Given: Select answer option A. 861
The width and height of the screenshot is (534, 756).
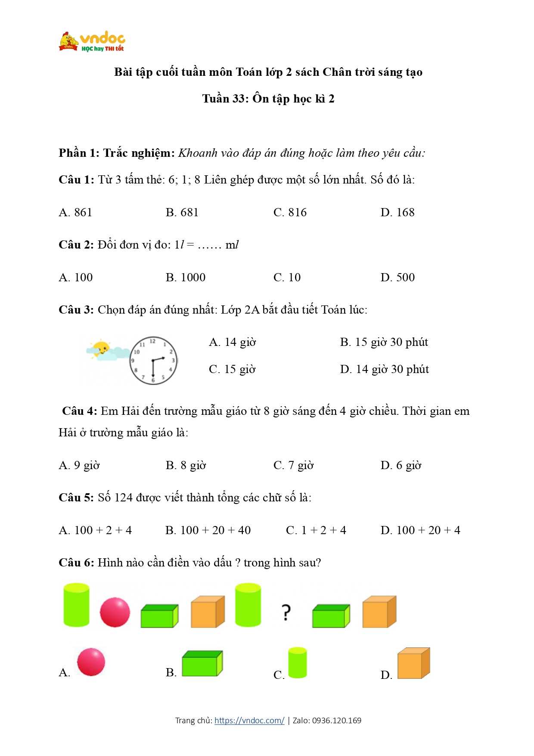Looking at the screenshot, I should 75,212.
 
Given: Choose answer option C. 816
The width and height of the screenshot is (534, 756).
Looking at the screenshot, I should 290,212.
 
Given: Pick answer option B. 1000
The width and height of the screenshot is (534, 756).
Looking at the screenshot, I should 185,277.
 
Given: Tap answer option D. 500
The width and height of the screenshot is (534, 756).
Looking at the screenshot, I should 397,277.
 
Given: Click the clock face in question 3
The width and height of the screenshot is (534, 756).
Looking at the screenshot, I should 153,360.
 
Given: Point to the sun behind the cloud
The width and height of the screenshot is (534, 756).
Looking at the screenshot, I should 102,347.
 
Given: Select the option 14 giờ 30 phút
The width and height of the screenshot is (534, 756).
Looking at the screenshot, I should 384,369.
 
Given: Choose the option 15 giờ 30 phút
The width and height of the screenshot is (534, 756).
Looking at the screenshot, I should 384,342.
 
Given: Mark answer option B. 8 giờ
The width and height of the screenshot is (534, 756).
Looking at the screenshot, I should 186,465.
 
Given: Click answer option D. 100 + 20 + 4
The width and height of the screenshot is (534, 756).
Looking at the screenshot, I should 420,530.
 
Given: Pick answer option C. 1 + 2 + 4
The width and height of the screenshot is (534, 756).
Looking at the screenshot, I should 316,530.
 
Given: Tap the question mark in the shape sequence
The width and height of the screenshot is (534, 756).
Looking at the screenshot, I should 286,612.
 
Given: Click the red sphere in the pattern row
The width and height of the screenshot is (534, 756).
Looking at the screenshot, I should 115,612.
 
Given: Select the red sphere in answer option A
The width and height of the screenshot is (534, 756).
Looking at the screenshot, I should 91,662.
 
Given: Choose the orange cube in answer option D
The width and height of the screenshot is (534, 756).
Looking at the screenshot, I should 413,663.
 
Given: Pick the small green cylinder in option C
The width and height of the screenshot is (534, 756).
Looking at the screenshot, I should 298,663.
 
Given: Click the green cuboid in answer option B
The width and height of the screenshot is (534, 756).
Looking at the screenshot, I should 202,663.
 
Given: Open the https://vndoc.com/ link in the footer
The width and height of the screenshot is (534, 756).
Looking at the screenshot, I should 249,720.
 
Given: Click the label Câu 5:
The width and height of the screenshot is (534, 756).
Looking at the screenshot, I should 76,498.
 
